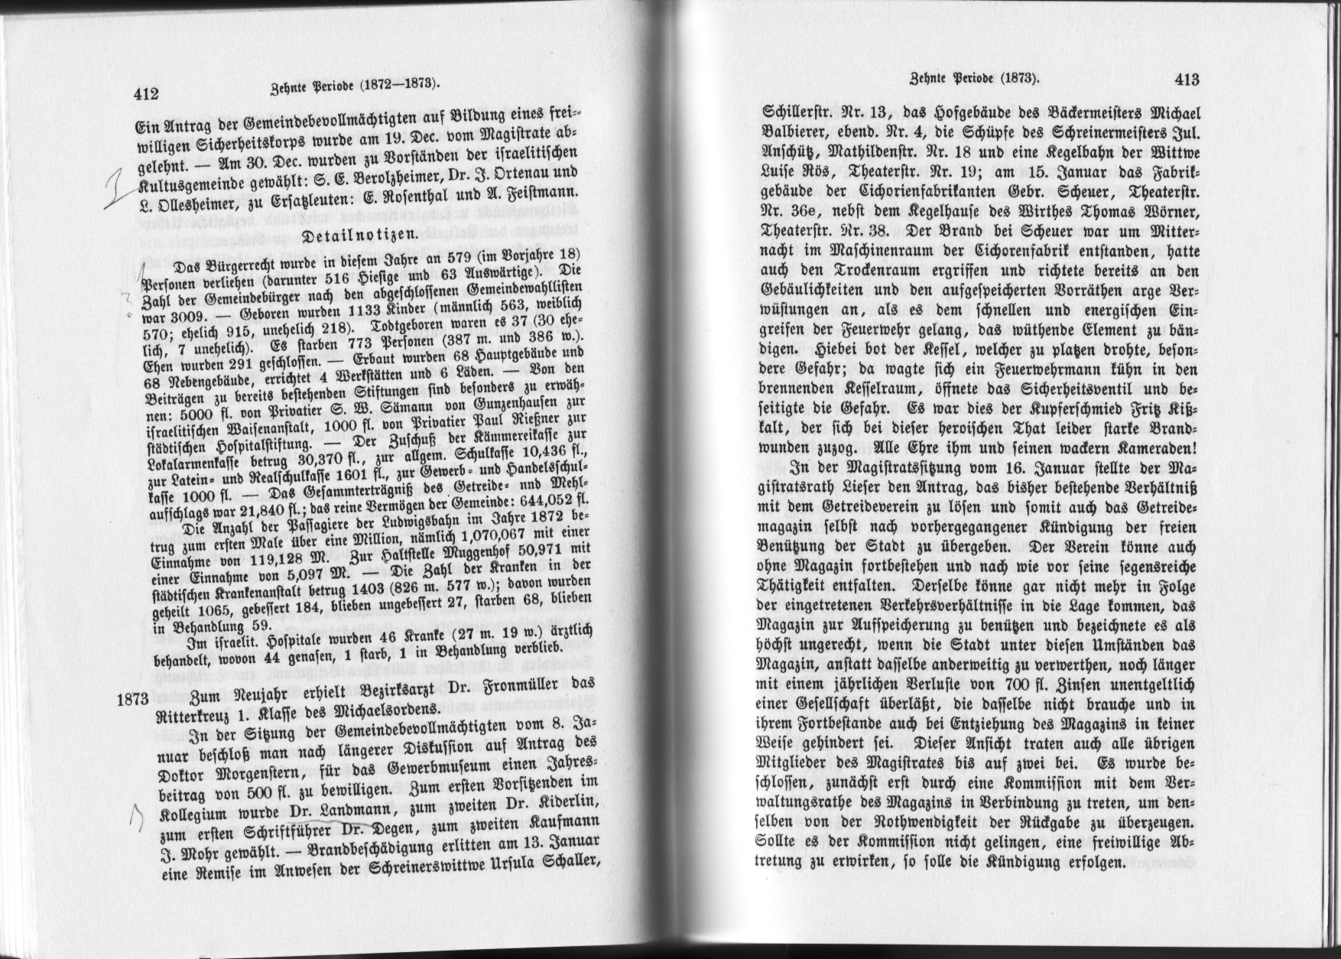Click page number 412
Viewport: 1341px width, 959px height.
coord(145,93)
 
